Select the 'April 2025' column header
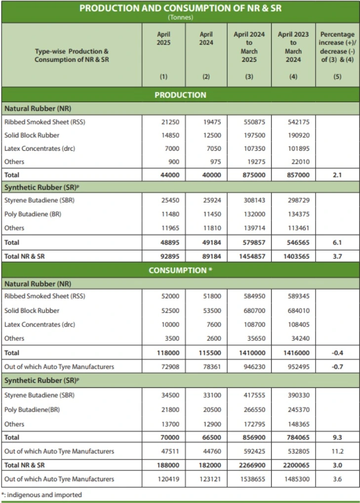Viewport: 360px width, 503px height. [163, 39]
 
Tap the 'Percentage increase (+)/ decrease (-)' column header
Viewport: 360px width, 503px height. [337, 47]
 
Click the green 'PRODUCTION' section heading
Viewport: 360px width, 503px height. [180, 95]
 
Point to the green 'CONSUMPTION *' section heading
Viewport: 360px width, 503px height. [180, 270]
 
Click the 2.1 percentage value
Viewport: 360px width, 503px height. [337, 175]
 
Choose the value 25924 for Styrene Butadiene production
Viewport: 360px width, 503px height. [212, 201]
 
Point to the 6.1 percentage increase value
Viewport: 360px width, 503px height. [337, 243]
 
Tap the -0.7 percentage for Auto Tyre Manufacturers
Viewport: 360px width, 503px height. [337, 367]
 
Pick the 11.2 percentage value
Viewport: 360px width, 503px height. [337, 451]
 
